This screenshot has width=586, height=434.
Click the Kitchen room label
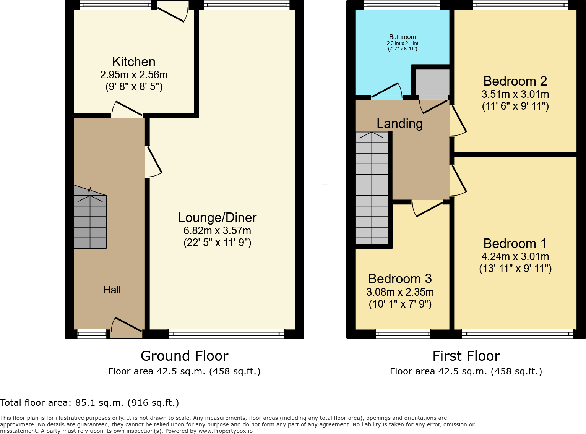134,62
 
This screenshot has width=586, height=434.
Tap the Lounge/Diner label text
217,217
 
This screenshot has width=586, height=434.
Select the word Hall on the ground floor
112,290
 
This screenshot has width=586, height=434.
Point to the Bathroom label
402,37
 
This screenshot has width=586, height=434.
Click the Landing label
399,123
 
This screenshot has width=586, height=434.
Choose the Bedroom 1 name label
515,243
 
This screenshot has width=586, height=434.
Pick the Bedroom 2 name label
515,81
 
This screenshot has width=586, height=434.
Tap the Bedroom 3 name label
400,279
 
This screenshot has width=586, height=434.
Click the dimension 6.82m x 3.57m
217,231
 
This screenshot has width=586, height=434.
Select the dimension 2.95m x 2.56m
134,75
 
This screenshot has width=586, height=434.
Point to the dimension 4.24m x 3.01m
515,257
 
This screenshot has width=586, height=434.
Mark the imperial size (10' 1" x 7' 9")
400,304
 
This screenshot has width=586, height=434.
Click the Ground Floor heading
184,356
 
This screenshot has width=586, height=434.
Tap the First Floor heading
466,356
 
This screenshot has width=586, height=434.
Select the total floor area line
89,403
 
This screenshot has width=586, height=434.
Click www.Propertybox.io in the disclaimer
225,431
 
